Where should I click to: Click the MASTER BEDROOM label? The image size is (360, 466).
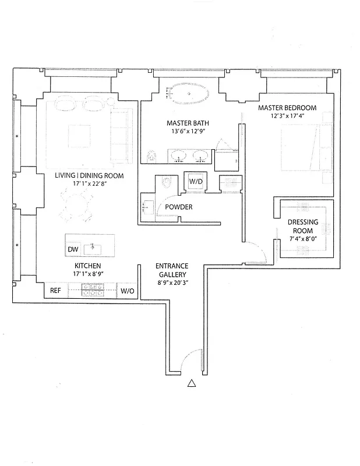coord(288,108)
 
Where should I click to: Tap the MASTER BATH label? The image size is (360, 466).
coord(188,123)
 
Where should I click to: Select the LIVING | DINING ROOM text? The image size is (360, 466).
coord(80,175)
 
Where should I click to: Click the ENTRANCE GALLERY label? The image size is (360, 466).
coord(171,270)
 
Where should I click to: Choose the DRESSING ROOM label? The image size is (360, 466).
coord(303,226)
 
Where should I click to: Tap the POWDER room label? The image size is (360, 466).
coord(178,207)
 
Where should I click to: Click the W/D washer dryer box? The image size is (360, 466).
coord(196,181)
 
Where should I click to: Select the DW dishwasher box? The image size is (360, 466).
coord(73,249)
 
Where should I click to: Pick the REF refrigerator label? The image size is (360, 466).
coord(55,290)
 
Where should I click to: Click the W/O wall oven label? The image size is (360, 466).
coord(127,290)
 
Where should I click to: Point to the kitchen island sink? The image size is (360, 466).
coord(93,249)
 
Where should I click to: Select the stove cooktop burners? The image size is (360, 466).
coord(93,290)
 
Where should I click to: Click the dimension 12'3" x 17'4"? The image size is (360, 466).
coord(288,116)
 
